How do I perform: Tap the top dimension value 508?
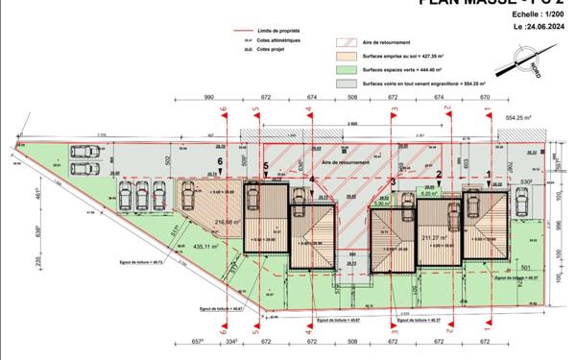coord(352,98)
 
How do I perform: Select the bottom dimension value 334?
coord(230,341)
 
